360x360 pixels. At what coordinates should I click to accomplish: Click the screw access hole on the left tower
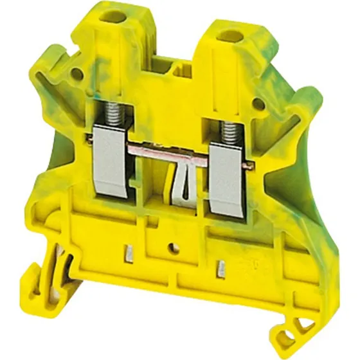120,14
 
